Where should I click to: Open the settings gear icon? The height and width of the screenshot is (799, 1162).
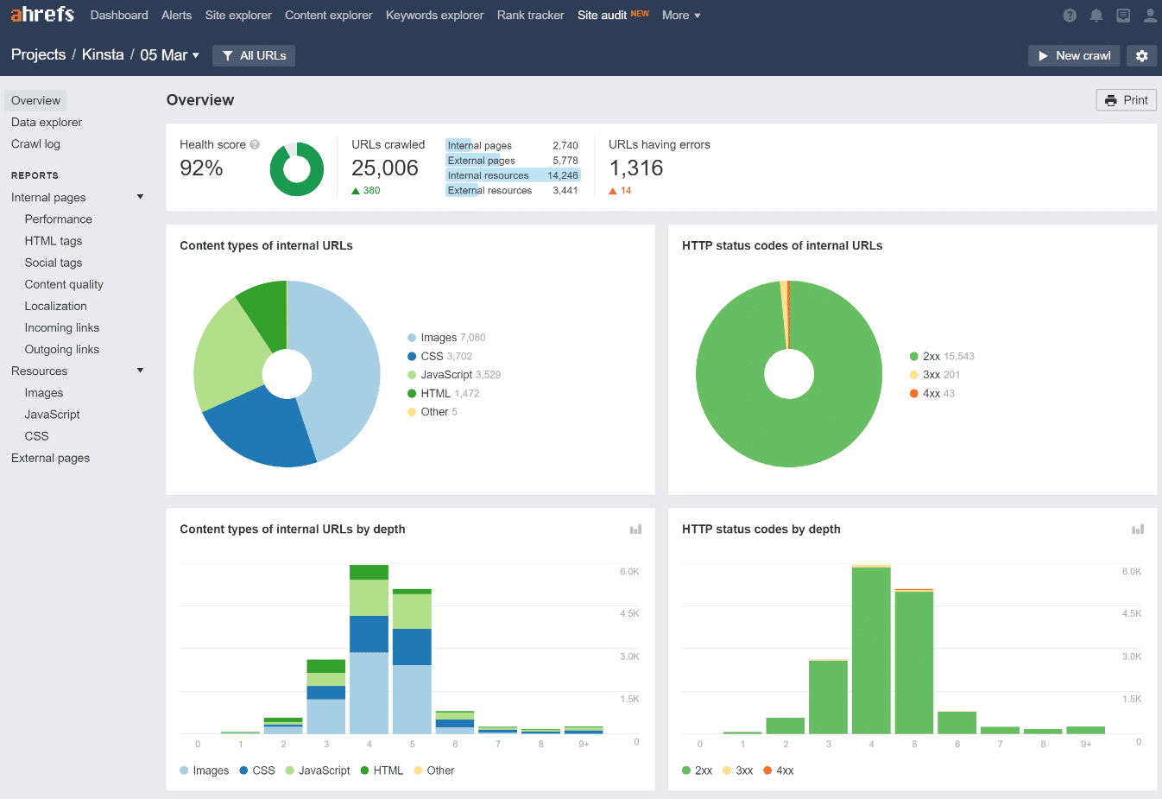pyautogui.click(x=1141, y=55)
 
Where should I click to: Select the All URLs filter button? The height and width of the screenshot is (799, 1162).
pyautogui.click(x=254, y=55)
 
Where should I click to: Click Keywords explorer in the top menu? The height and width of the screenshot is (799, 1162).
pyautogui.click(x=434, y=15)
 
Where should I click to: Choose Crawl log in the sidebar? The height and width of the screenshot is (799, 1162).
pyautogui.click(x=35, y=144)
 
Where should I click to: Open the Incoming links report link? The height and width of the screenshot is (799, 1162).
pyautogui.click(x=61, y=327)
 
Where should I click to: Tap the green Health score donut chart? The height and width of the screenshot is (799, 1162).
pyautogui.click(x=296, y=168)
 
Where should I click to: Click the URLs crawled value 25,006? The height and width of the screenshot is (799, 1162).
pyautogui.click(x=384, y=168)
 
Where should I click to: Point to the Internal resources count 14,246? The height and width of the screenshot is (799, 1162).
pyautogui.click(x=562, y=175)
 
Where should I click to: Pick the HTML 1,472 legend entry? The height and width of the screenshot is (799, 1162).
pyautogui.click(x=443, y=393)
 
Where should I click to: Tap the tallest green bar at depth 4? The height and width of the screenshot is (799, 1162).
pyautogui.click(x=870, y=648)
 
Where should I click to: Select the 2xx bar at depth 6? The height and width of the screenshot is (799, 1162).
pyautogui.click(x=956, y=723)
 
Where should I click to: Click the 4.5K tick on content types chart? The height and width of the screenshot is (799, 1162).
pyautogui.click(x=628, y=613)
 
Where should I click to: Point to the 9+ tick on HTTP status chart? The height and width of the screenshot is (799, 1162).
pyautogui.click(x=1085, y=744)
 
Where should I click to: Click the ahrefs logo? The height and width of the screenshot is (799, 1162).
pyautogui.click(x=42, y=15)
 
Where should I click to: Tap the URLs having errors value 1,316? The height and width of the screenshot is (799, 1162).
pyautogui.click(x=636, y=168)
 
